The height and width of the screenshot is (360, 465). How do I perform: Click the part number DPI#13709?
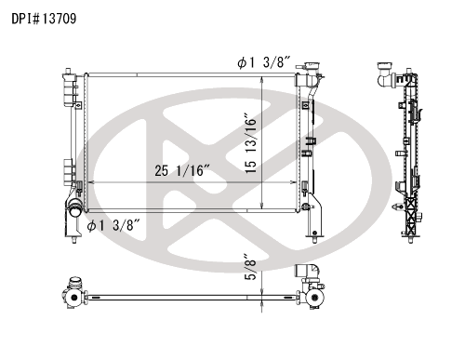(44, 19)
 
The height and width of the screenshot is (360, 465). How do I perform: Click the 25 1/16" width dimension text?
(182, 170)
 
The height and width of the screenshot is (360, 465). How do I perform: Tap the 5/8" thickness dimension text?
(250, 267)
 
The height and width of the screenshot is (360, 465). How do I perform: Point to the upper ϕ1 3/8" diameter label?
(264, 62)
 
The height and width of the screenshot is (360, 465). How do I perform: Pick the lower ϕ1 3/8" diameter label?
(113, 225)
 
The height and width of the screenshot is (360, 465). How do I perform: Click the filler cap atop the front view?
(312, 66)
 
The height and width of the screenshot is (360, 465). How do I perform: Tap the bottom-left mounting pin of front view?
(74, 240)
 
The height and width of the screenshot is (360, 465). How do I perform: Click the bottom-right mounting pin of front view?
(314, 240)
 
